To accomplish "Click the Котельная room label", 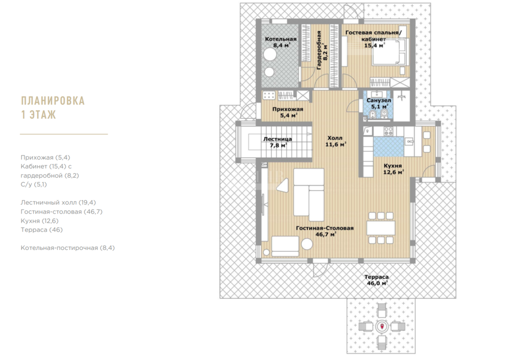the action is pyautogui.click(x=281, y=39).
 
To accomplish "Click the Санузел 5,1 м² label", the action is pyautogui.click(x=378, y=103).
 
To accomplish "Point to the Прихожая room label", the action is pyautogui.click(x=288, y=110).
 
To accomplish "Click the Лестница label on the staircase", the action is pyautogui.click(x=278, y=139).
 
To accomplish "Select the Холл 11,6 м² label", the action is pyautogui.click(x=336, y=141).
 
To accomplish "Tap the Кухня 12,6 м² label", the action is pyautogui.click(x=393, y=169).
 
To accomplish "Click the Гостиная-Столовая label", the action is pyautogui.click(x=325, y=228).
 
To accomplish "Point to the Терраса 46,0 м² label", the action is pyautogui.click(x=377, y=280).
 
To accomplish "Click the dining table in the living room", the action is pyautogui.click(x=381, y=228).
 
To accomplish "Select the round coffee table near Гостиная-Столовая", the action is pyautogui.click(x=307, y=244).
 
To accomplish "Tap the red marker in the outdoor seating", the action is pyautogui.click(x=382, y=326).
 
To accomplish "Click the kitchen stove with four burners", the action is pyautogui.click(x=388, y=131).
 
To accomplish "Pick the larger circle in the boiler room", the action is pyautogui.click(x=270, y=54).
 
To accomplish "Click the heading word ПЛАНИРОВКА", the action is pyautogui.click(x=53, y=100).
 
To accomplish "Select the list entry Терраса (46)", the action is pyautogui.click(x=41, y=229).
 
